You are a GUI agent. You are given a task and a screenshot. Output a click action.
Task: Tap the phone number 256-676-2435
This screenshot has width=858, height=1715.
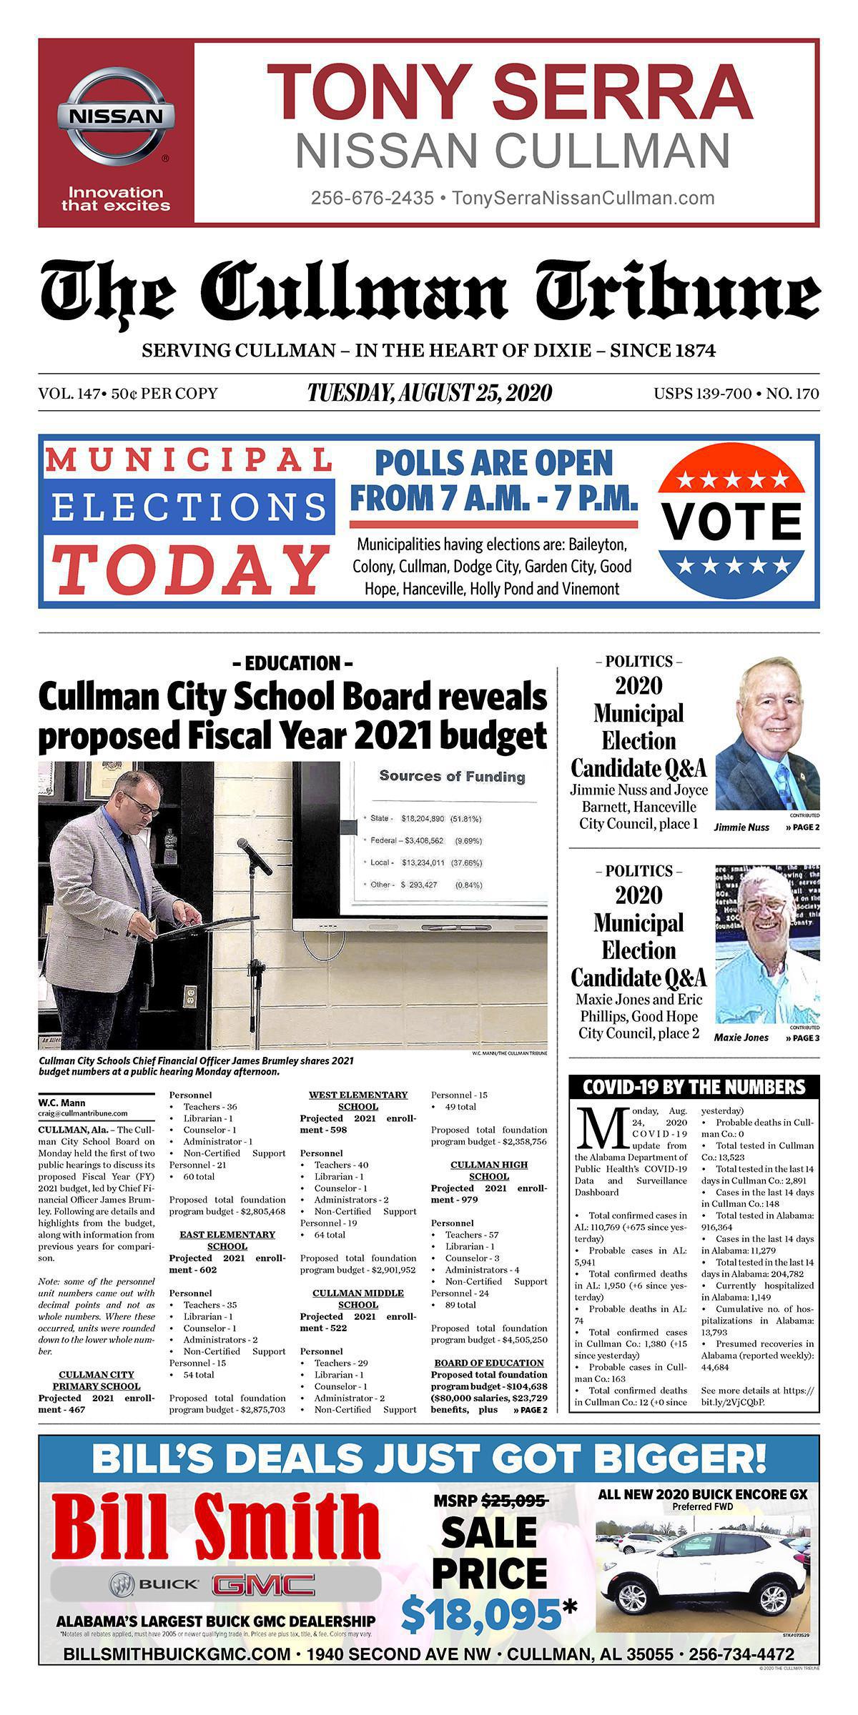(372, 198)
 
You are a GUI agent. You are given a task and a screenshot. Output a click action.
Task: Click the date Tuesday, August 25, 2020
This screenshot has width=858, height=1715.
(429, 393)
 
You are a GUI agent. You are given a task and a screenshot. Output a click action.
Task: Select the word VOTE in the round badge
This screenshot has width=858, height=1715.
(731, 522)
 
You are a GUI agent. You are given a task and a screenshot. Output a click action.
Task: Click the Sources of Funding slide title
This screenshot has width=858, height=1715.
(452, 776)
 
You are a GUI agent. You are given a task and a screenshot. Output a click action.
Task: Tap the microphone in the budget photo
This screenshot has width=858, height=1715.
(255, 855)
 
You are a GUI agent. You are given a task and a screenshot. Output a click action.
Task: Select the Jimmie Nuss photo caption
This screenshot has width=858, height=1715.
(741, 827)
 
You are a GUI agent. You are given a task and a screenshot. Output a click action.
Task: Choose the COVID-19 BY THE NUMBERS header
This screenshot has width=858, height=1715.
(694, 1088)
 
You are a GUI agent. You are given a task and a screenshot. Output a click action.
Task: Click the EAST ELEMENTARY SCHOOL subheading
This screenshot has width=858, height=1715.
(227, 1240)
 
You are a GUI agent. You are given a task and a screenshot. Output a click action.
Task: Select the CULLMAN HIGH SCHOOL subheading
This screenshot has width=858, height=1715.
(489, 1170)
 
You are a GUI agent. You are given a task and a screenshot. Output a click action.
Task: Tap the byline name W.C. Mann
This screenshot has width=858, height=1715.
(61, 1103)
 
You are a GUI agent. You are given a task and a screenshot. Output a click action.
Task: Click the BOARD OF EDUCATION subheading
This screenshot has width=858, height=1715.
(489, 1363)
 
